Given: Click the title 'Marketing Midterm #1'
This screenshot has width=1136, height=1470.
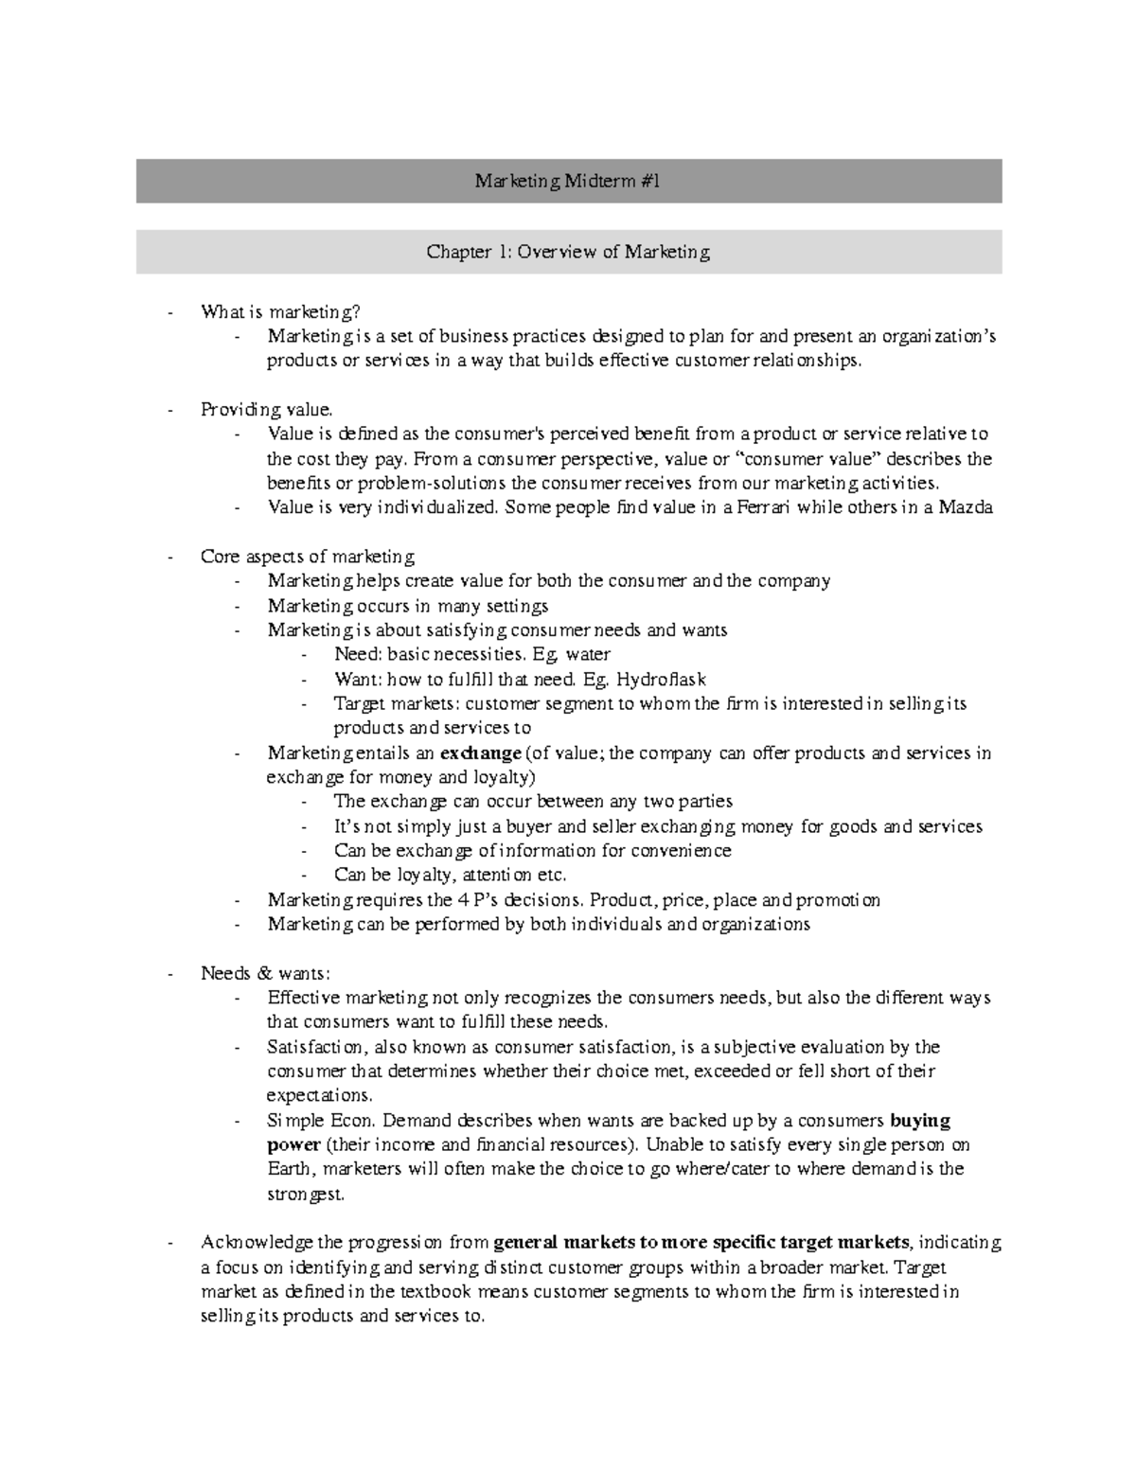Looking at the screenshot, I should [x=567, y=181].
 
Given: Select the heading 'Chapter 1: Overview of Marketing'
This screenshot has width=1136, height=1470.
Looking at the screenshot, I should [x=567, y=252].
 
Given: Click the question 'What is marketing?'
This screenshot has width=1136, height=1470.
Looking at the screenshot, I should [x=280, y=311].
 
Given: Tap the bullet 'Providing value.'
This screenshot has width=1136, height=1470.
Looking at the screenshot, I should [x=267, y=410].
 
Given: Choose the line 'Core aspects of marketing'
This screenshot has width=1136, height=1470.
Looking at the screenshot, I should [x=308, y=557].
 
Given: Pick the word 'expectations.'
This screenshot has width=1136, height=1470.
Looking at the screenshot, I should [x=319, y=1096].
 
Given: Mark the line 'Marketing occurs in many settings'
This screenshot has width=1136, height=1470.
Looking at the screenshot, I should [x=407, y=606].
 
